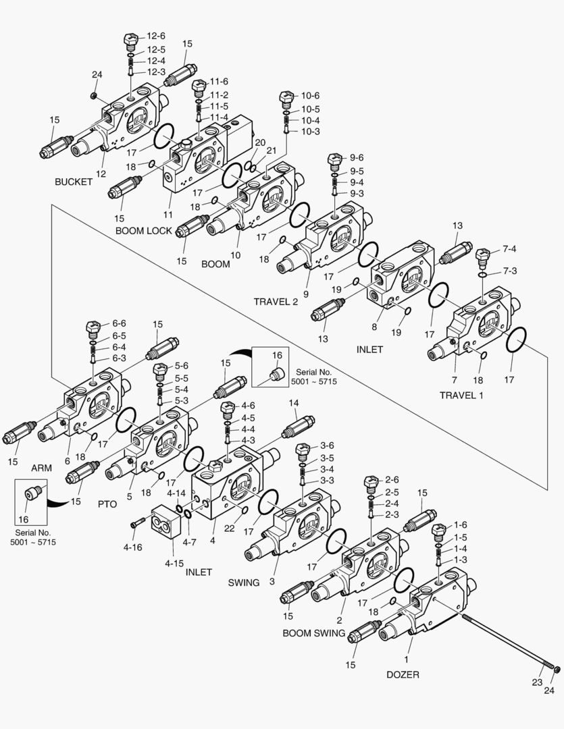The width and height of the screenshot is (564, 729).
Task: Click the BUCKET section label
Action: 74,182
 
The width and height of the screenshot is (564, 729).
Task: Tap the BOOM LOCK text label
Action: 144,231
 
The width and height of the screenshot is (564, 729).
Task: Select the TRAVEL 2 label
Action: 276,301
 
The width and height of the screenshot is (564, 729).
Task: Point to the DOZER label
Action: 403,674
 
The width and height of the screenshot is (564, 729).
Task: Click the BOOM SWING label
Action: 314,633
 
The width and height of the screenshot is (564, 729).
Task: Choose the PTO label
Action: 107,504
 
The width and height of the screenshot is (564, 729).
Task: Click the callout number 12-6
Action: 156,36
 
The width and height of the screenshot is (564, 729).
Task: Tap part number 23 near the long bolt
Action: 537,682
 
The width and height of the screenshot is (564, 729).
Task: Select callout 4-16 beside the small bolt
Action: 132,547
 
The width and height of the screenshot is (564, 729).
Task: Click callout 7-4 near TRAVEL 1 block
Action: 509,249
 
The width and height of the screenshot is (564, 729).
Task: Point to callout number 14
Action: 293,403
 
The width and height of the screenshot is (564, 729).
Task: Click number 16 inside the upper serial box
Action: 277,355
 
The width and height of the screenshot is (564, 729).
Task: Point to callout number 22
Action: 230,529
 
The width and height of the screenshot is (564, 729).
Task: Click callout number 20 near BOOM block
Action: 260,142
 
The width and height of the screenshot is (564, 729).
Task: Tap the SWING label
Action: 244,583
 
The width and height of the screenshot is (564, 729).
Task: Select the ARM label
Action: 42,467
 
